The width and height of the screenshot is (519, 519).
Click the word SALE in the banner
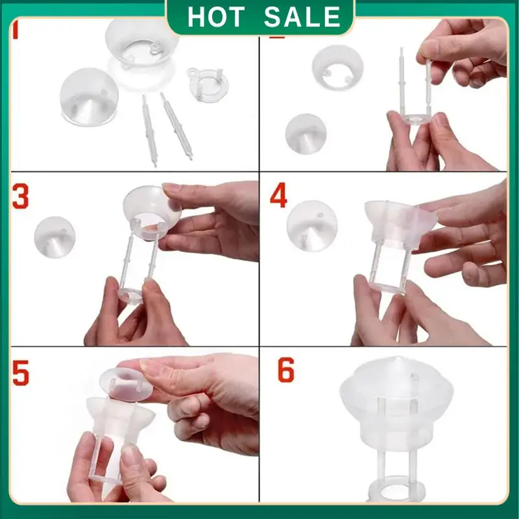pyautogui.click(x=302, y=18)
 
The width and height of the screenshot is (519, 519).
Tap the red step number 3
pyautogui.click(x=21, y=197)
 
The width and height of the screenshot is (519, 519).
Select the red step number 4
pyautogui.click(x=279, y=197)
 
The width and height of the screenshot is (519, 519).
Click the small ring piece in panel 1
pyautogui.click(x=202, y=83)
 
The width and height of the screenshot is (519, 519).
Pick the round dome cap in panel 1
pyautogui.click(x=88, y=97)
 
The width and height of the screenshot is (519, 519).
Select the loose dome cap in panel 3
pyautogui.click(x=54, y=237)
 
